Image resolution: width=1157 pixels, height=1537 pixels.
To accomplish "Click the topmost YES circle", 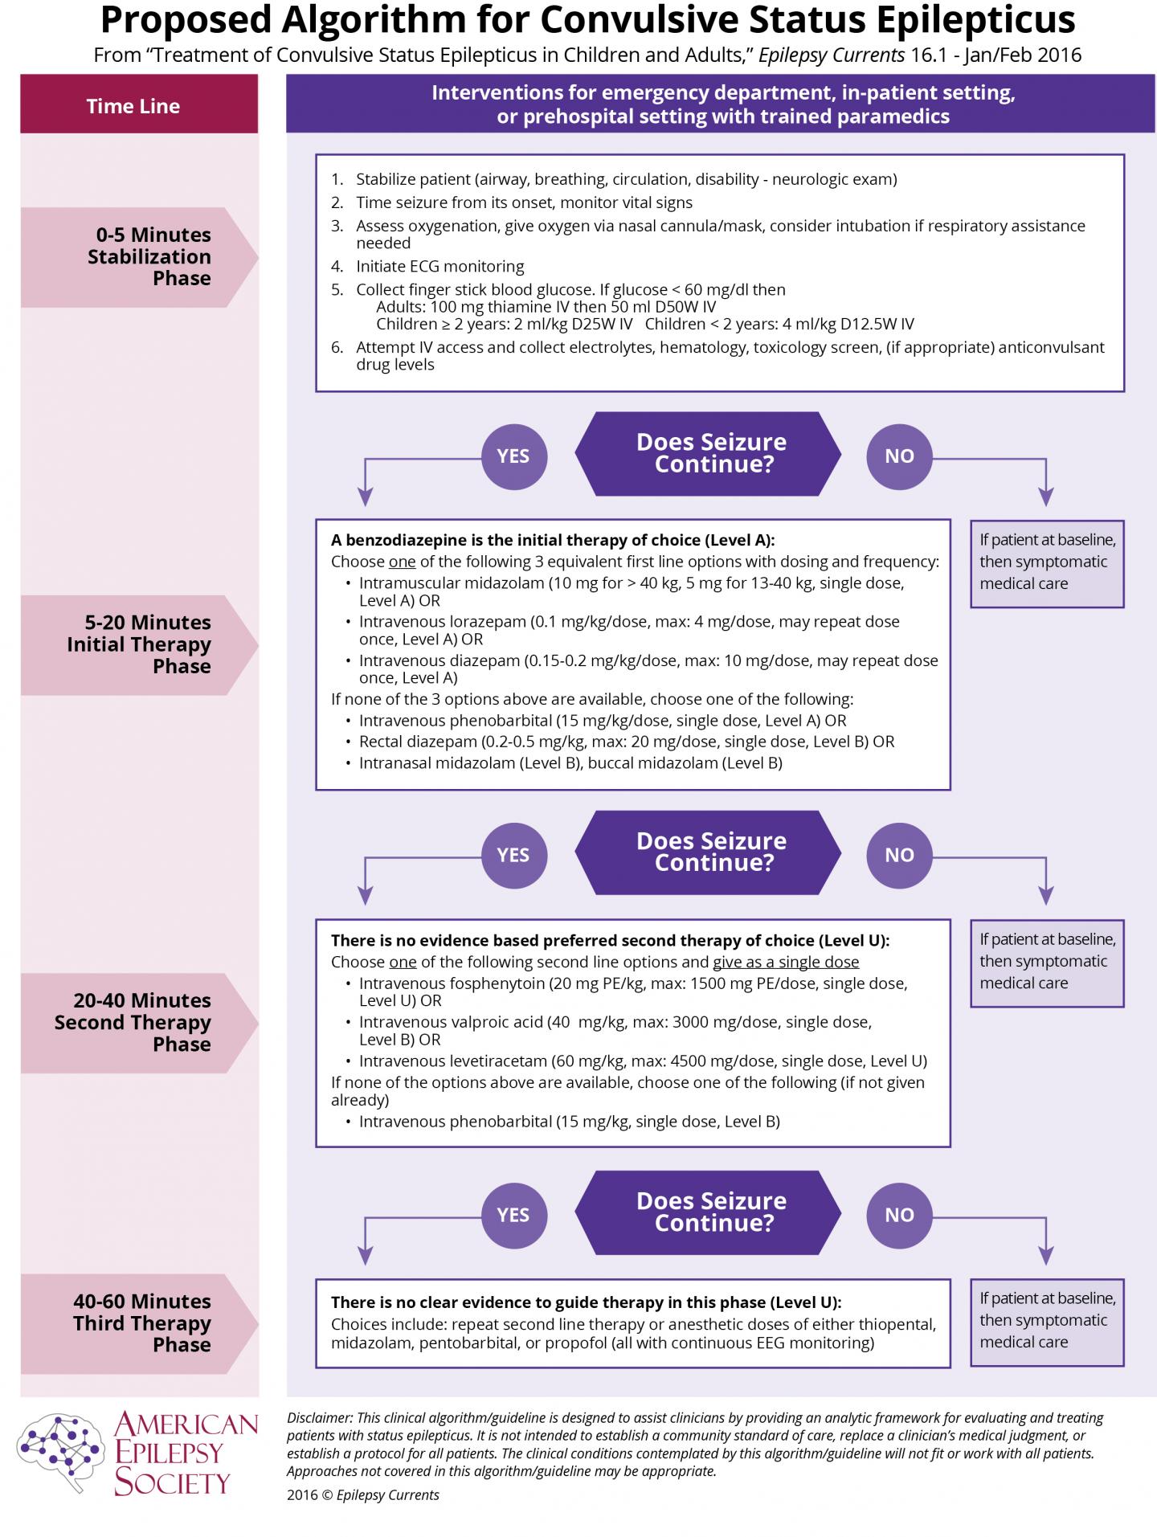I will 513,456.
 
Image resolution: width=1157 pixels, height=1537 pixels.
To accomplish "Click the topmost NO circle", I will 899,456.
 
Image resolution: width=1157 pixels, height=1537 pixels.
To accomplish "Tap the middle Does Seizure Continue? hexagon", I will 710,852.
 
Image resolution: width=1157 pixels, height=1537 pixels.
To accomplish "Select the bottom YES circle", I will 513,1215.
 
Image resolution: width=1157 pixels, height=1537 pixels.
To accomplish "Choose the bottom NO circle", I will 899,1215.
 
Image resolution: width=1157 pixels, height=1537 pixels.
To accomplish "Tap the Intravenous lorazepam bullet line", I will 628,630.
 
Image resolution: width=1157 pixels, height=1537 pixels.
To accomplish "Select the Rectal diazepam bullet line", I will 626,742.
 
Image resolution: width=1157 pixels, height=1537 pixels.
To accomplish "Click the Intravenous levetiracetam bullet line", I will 642,1061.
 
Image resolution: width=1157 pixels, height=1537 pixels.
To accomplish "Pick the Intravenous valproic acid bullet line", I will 615,1030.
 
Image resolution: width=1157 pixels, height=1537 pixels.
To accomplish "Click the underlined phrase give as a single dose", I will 786,962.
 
